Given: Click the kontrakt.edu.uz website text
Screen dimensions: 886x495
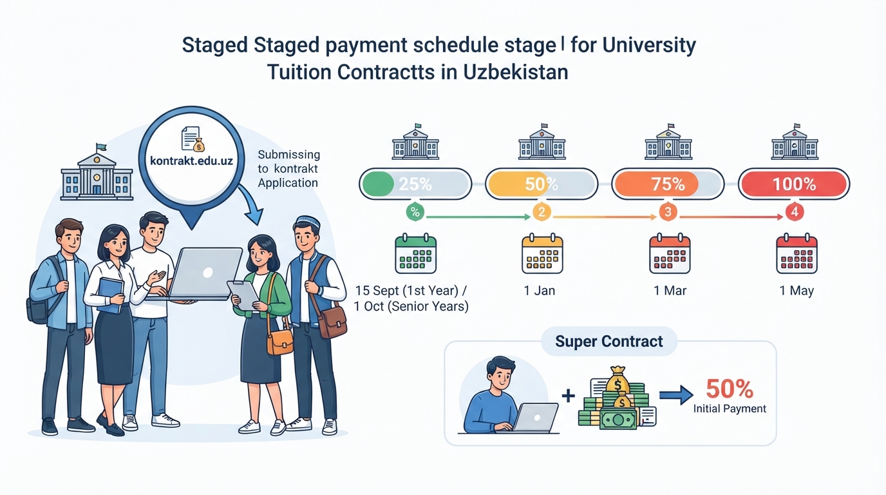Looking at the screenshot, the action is pyautogui.click(x=191, y=161).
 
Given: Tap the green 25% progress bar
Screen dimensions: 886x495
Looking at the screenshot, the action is pyautogui.click(x=415, y=184).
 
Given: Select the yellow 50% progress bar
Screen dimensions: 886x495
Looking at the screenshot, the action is pyautogui.click(x=542, y=184).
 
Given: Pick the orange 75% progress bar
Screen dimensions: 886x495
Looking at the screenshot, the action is pyautogui.click(x=668, y=184).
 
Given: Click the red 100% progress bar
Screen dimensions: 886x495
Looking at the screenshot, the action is pyautogui.click(x=794, y=184).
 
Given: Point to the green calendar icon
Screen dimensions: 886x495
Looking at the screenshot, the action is pyautogui.click(x=416, y=253).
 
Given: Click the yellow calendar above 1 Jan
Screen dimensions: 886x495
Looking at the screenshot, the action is pyautogui.click(x=542, y=253).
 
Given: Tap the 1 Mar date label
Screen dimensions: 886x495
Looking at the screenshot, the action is pyautogui.click(x=670, y=291).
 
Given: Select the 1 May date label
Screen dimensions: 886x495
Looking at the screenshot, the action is pyautogui.click(x=796, y=291).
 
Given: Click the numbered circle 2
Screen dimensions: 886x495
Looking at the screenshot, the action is pyautogui.click(x=542, y=212).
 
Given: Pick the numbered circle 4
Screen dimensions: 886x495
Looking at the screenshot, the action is pyautogui.click(x=794, y=212).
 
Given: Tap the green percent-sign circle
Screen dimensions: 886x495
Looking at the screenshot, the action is pyautogui.click(x=415, y=212).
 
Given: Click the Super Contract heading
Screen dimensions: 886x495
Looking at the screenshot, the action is pyautogui.click(x=609, y=342).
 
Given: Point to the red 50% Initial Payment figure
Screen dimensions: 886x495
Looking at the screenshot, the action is pyautogui.click(x=730, y=389).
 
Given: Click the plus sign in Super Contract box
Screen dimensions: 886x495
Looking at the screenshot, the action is pyautogui.click(x=569, y=396).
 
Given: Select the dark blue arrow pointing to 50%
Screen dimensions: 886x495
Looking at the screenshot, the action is pyautogui.click(x=676, y=395).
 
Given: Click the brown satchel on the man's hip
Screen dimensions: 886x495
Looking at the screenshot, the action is pyautogui.click(x=332, y=323).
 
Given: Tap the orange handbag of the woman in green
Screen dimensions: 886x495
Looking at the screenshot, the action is pyautogui.click(x=280, y=341).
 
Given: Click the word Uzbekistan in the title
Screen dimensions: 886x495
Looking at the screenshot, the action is pyautogui.click(x=516, y=72).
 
